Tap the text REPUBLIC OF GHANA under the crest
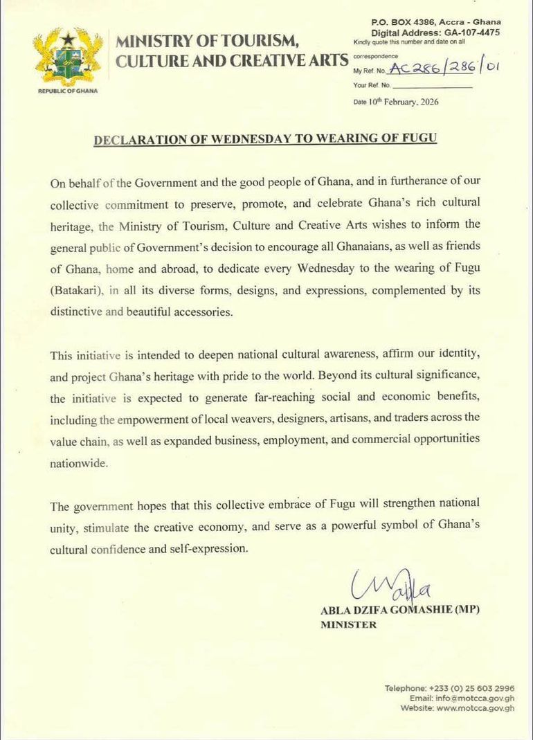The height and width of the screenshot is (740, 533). pos(68,91)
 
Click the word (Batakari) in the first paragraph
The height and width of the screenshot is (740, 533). pos(75,291)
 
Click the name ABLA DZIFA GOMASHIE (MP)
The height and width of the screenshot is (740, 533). pos(399,611)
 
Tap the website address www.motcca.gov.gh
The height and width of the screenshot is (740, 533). pos(476,708)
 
